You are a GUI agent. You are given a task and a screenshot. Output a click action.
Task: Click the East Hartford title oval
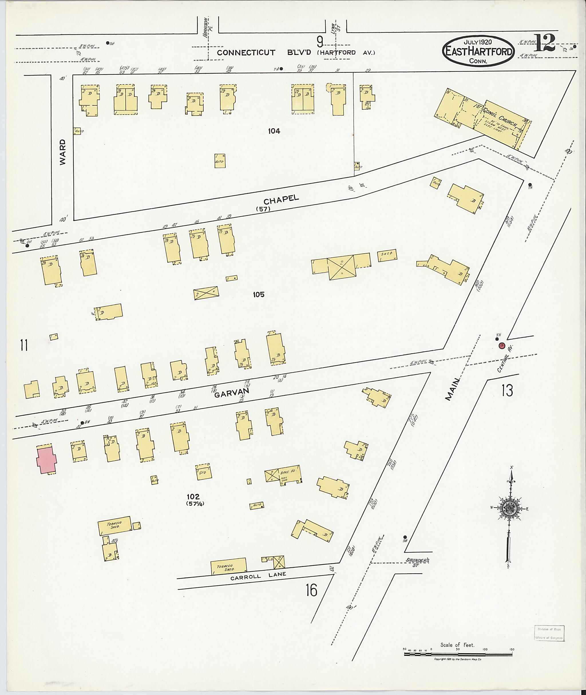478,50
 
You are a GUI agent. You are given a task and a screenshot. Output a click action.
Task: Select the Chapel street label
281,200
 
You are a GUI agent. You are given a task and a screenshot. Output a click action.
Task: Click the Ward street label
63,152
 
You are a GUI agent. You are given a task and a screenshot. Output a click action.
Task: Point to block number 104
274,131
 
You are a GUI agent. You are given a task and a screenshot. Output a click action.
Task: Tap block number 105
258,294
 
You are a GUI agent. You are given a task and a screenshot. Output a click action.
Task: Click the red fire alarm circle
502,346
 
